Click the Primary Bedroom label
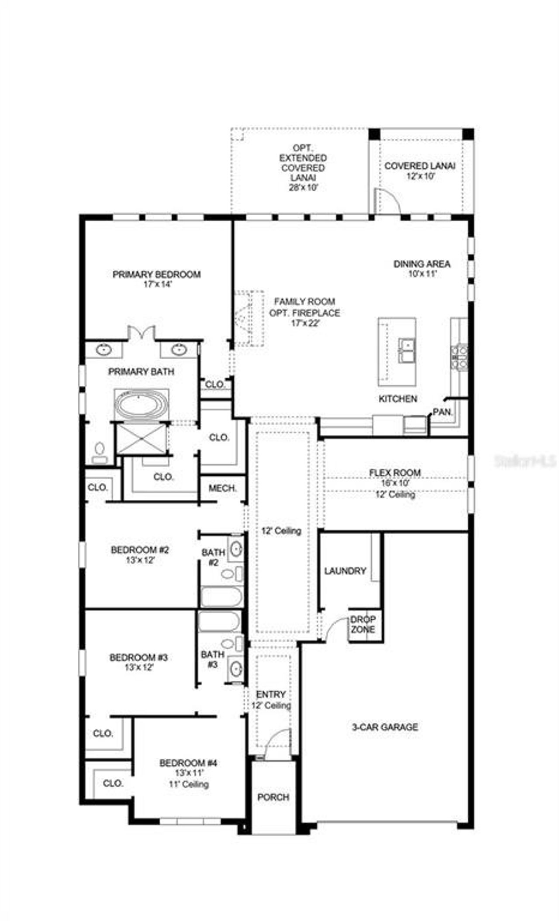click(156, 275)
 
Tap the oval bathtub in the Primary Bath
click(141, 404)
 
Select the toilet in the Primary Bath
click(100, 451)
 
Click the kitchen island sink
click(407, 351)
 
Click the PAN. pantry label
click(442, 412)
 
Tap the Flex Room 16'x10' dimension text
click(395, 483)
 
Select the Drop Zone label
click(362, 625)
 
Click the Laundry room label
click(345, 571)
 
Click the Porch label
click(273, 797)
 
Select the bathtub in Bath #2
click(221, 597)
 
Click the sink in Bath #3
click(236, 667)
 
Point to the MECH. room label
click(222, 488)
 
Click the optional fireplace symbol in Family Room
click(248, 318)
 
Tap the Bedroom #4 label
click(188, 763)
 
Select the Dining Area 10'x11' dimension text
click(421, 274)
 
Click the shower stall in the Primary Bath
click(141, 438)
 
